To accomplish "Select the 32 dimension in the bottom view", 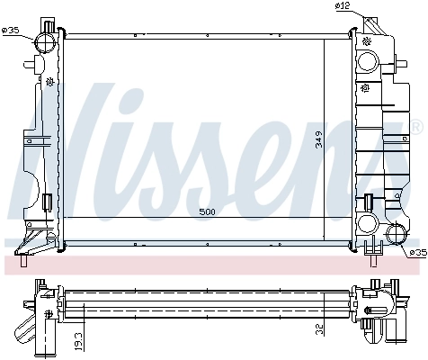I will point(321,329).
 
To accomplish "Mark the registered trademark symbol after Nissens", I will point(415,123).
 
